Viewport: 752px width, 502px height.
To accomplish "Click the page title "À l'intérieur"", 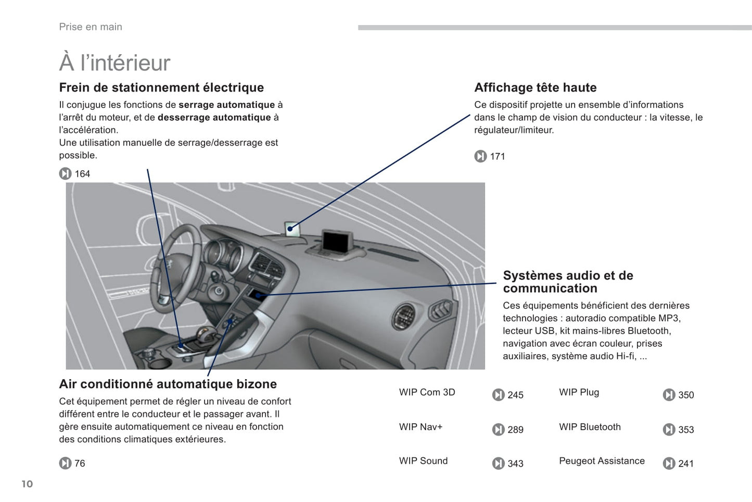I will pos(114,62).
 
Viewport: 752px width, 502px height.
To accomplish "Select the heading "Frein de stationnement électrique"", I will pos(161,87).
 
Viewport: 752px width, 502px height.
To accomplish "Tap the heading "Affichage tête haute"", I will pos(535,87).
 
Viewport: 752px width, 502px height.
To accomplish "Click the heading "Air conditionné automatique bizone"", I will pos(168,384).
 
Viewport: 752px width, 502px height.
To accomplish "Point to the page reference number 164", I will pos(82,174).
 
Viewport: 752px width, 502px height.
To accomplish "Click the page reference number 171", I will pos(498,156).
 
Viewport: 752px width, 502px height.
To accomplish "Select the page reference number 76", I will pos(80,463).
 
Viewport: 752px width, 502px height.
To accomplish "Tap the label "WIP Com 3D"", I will pos(427,392).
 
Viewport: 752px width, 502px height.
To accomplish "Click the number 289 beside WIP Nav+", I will pos(515,430).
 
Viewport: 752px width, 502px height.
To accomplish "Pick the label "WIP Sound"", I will pos(423,461).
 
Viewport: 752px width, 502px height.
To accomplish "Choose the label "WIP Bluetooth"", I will pos(590,427).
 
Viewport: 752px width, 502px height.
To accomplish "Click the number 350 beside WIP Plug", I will pos(686,395).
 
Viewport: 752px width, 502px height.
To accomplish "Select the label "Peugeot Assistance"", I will pos(602,461).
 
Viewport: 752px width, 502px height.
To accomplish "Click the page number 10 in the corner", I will pos(27,484).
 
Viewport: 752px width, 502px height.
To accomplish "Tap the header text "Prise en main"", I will pos(91,27).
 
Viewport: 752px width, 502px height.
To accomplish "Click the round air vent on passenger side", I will pos(403,316).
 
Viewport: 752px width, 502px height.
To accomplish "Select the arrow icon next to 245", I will pos(498,395).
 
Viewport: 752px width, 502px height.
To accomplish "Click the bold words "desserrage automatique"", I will pos(214,118).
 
